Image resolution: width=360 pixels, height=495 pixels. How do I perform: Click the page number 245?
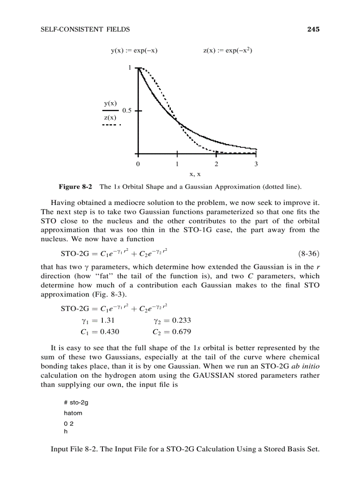click(313, 30)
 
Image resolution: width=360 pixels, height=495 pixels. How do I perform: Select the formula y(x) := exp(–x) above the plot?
click(134, 51)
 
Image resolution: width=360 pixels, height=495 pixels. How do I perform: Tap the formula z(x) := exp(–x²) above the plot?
click(227, 50)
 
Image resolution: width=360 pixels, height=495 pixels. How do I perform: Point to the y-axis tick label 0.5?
click(127, 111)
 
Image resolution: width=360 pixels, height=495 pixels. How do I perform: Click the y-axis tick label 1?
click(130, 68)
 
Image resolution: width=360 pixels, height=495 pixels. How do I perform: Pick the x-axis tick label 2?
click(216, 164)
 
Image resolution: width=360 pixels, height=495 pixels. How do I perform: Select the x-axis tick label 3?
click(255, 164)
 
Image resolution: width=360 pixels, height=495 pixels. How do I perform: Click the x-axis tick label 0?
click(138, 164)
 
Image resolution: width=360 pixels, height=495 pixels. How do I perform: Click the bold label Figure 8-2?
click(75, 186)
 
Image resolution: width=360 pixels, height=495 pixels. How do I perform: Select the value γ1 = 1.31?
click(97, 320)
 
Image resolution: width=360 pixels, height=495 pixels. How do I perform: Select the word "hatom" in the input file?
click(73, 413)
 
